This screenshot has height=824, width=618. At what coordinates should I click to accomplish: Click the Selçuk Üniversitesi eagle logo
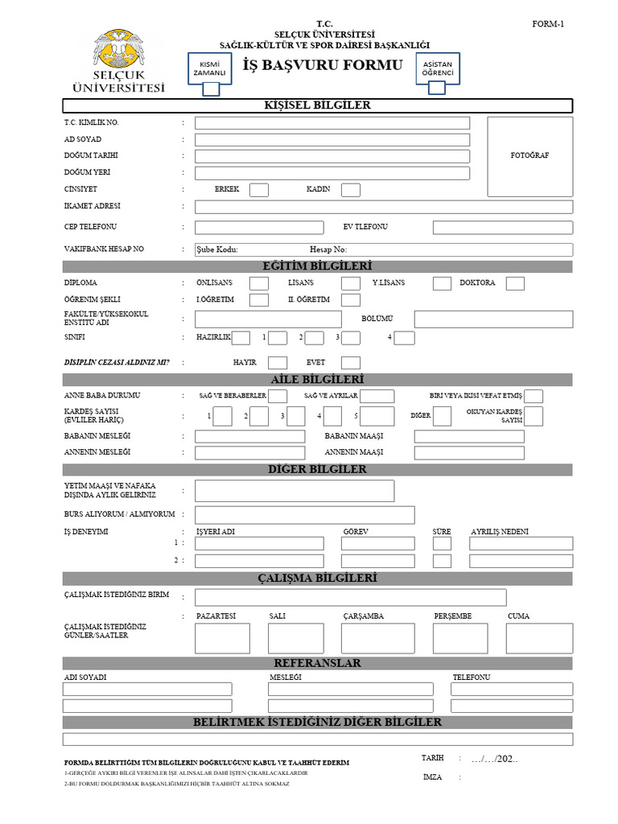click(x=118, y=53)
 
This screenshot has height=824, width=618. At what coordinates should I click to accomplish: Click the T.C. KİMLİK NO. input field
click(x=332, y=123)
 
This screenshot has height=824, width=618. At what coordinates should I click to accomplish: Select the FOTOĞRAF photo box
click(x=529, y=155)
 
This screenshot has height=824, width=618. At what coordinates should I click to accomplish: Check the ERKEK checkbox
click(x=259, y=190)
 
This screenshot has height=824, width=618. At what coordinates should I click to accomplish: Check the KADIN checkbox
click(x=351, y=190)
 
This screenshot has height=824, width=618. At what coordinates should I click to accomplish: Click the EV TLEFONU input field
click(x=502, y=228)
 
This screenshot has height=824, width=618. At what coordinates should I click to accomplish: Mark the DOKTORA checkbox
click(x=515, y=283)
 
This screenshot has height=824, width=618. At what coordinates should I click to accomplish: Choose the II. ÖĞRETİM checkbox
click(x=351, y=300)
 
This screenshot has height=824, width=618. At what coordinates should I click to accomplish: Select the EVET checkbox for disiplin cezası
click(x=351, y=363)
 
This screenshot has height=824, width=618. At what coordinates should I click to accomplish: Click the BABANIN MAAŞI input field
click(x=469, y=436)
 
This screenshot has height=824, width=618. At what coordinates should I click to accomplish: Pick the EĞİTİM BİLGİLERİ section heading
click(x=318, y=266)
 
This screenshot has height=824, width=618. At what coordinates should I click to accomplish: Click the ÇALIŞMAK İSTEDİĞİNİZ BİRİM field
click(x=350, y=597)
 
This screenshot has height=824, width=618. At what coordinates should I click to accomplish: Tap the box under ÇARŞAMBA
click(x=377, y=638)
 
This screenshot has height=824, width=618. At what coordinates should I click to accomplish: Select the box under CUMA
click(x=539, y=638)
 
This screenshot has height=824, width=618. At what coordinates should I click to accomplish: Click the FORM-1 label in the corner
click(x=548, y=24)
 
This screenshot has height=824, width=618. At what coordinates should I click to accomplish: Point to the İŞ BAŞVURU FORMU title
click(x=323, y=65)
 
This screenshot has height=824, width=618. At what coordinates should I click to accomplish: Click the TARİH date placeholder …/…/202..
click(x=495, y=759)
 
